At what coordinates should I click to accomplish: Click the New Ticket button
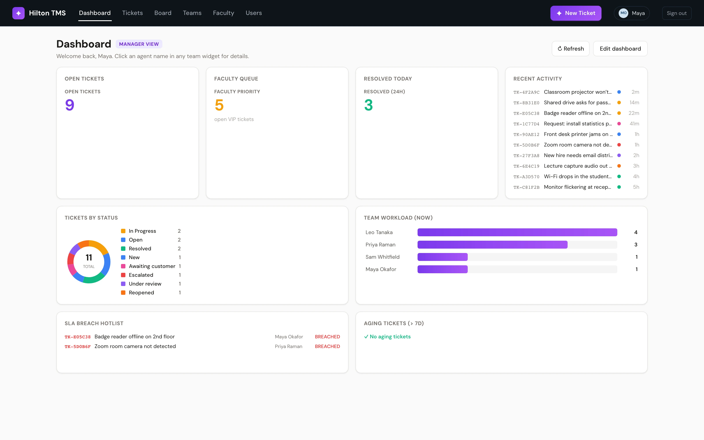(x=576, y=13)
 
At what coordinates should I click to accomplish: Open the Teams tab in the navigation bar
(x=192, y=13)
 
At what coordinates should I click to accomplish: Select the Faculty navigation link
(x=224, y=13)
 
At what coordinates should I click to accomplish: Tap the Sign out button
(x=677, y=13)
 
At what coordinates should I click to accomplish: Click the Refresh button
(x=570, y=49)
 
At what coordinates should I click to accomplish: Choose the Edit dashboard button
(x=620, y=49)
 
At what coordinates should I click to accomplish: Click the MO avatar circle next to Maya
(x=623, y=13)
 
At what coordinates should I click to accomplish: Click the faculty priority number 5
(x=219, y=105)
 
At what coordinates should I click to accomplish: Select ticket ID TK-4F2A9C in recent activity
(x=526, y=92)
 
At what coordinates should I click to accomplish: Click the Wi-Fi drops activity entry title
(x=578, y=176)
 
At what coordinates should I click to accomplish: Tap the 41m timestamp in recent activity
(x=634, y=124)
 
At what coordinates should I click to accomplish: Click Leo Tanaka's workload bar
(x=517, y=232)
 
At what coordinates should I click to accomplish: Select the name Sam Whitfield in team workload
(x=383, y=257)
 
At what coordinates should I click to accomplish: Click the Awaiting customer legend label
(x=152, y=266)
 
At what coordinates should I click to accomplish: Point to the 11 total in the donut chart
(x=89, y=258)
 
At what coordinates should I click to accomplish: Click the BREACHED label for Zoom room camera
(x=327, y=346)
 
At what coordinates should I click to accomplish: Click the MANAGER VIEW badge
(x=139, y=44)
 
